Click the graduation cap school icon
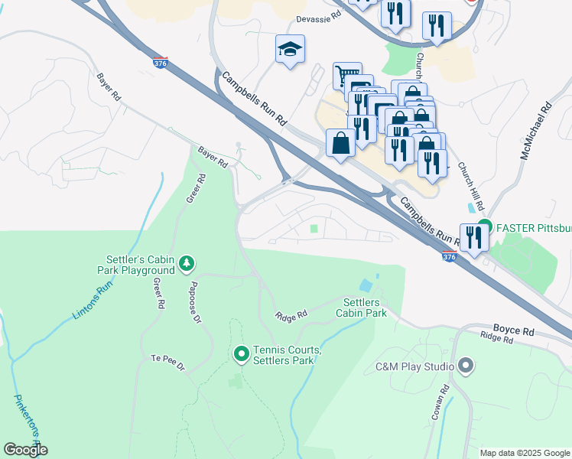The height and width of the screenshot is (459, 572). pyautogui.click(x=290, y=50)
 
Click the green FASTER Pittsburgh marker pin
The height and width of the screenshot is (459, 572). pyautogui.click(x=483, y=227)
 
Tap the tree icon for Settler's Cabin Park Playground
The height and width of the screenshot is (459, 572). pyautogui.click(x=187, y=264)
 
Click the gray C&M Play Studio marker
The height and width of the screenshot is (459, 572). pyautogui.click(x=464, y=366)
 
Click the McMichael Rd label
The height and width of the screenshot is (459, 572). pyautogui.click(x=536, y=132)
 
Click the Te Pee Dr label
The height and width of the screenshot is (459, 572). pyautogui.click(x=168, y=362)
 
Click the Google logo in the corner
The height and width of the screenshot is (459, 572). pyautogui.click(x=25, y=450)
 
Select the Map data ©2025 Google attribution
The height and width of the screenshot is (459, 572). pyautogui.click(x=525, y=452)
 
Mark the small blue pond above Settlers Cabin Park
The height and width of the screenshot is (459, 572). pyautogui.click(x=366, y=285)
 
